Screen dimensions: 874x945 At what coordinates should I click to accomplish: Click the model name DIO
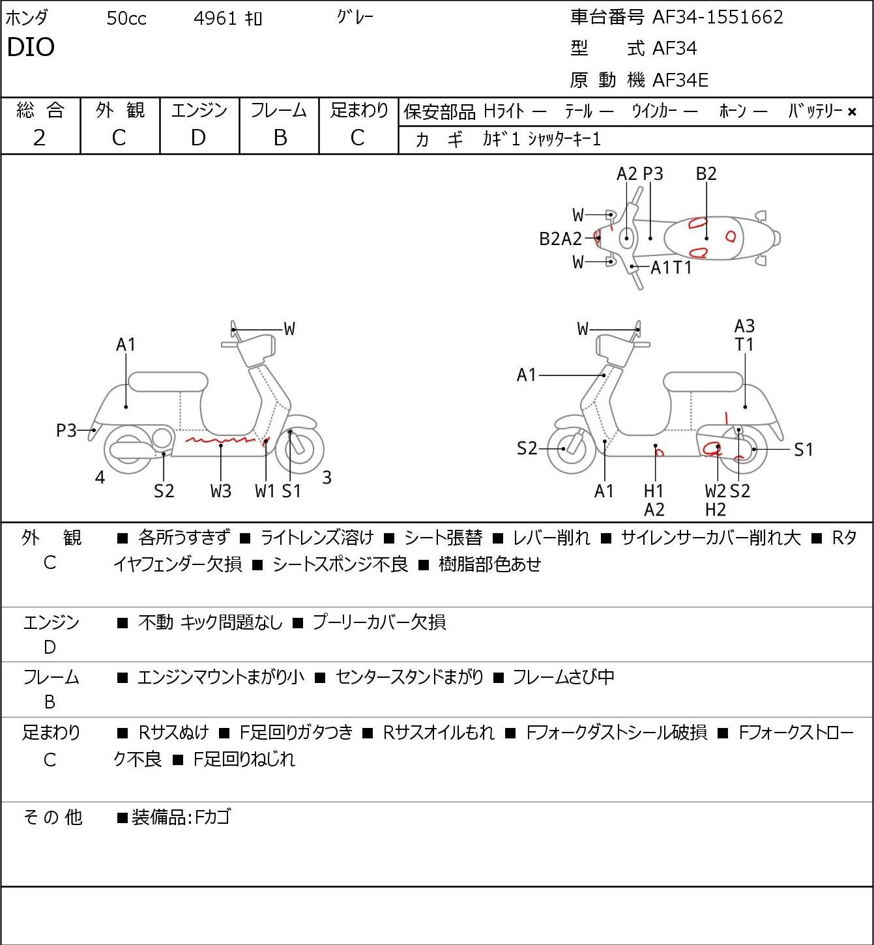pos(31,47)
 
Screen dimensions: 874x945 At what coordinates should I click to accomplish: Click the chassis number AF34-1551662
pos(718,17)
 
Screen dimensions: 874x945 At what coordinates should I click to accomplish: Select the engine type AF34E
pos(680,80)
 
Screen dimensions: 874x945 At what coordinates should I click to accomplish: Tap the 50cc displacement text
pos(126,18)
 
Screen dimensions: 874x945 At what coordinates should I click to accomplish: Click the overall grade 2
pos(39,138)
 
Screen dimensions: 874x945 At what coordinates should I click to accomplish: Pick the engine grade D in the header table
pos(198,138)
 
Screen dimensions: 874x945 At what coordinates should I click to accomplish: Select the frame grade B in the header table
pos(280,138)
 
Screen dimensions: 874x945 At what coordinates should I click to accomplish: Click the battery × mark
pos(852,112)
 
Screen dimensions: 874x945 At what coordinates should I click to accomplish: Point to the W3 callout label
pos(221,491)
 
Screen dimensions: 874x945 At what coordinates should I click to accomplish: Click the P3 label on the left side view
pos(66,430)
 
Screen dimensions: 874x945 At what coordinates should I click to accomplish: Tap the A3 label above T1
pos(744,326)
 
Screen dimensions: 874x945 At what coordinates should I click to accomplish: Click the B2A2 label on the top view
pos(561,239)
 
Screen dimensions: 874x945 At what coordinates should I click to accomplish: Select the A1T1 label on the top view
pos(671,267)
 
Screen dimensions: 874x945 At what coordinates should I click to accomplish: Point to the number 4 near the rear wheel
pos(100,477)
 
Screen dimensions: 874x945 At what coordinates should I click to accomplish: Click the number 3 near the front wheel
pos(327,477)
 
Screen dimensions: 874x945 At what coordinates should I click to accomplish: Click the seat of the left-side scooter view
pos(168,382)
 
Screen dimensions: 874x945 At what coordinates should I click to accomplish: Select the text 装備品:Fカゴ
pos(181,817)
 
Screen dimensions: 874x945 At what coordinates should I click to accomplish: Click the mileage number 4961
pos(215,18)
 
